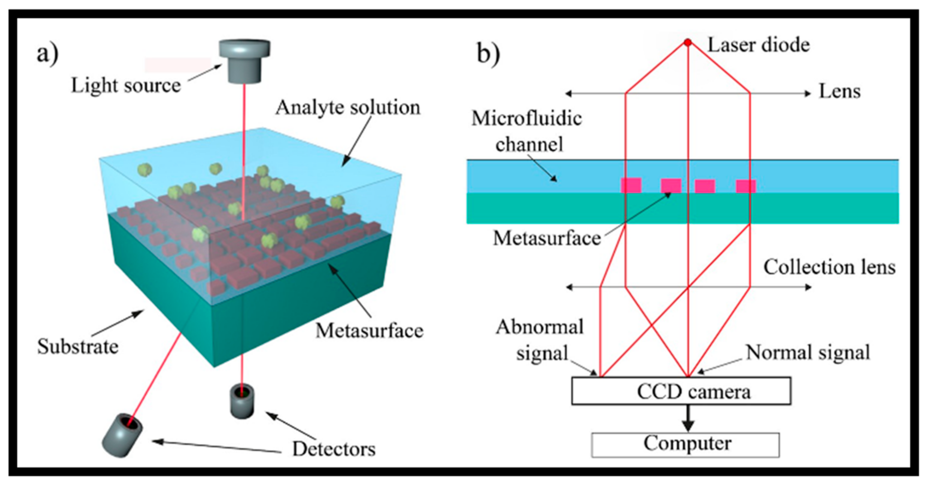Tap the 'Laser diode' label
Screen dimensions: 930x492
pos(759,45)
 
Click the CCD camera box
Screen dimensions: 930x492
pos(681,391)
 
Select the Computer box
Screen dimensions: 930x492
pos(685,445)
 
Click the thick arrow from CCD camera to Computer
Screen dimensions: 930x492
pos(688,418)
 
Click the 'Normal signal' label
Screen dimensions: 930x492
pos(808,352)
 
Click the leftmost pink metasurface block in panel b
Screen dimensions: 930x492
pos(631,185)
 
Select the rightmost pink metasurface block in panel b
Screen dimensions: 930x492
pos(746,186)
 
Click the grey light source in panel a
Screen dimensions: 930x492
pos(244,61)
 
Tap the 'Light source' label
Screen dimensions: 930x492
pos(126,86)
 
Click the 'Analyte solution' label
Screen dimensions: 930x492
pos(348,107)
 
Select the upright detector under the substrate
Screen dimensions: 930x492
pos(242,402)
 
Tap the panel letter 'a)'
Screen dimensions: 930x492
pos(48,55)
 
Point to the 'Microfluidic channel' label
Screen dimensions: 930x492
pos(527,131)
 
